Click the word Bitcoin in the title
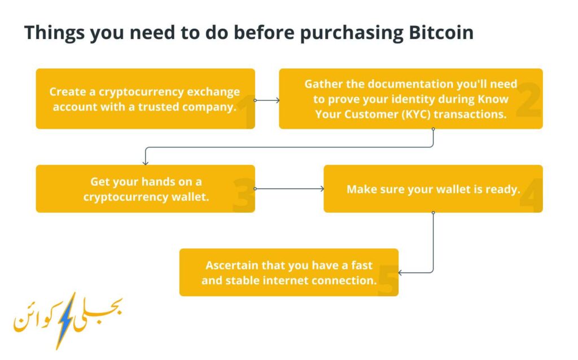coord(441,32)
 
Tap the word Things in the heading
coord(55,33)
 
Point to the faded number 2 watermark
coord(528,100)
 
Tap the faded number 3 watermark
coord(244,195)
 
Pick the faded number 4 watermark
coord(531,195)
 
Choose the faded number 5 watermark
coord(388,280)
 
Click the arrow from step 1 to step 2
coord(267,100)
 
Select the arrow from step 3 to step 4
coord(290,188)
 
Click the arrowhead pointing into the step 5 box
coord(400,273)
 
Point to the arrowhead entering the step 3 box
coord(146,163)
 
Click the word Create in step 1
coord(68,92)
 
